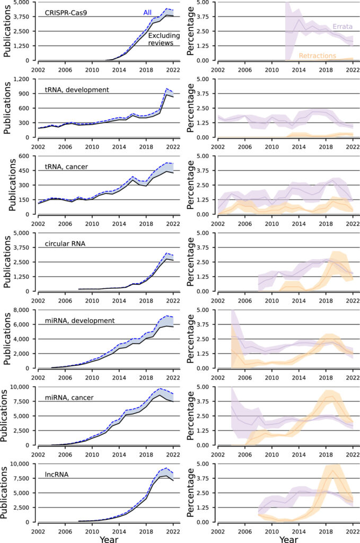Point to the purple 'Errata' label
(x=343, y=26)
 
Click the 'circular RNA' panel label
(x=66, y=244)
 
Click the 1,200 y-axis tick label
(x=25, y=79)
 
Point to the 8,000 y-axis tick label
(x=25, y=310)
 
